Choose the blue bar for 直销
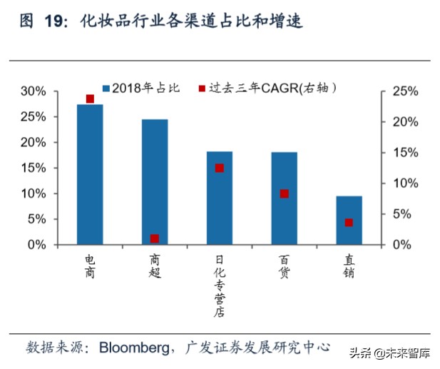tap(349, 221)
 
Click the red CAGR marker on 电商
tap(90, 98)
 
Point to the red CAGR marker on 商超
tap(155, 238)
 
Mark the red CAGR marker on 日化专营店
tap(219, 168)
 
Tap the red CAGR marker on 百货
tap(284, 193)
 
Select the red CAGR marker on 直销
tap(349, 223)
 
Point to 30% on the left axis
tap(34, 91)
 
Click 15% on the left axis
tap(34, 168)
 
